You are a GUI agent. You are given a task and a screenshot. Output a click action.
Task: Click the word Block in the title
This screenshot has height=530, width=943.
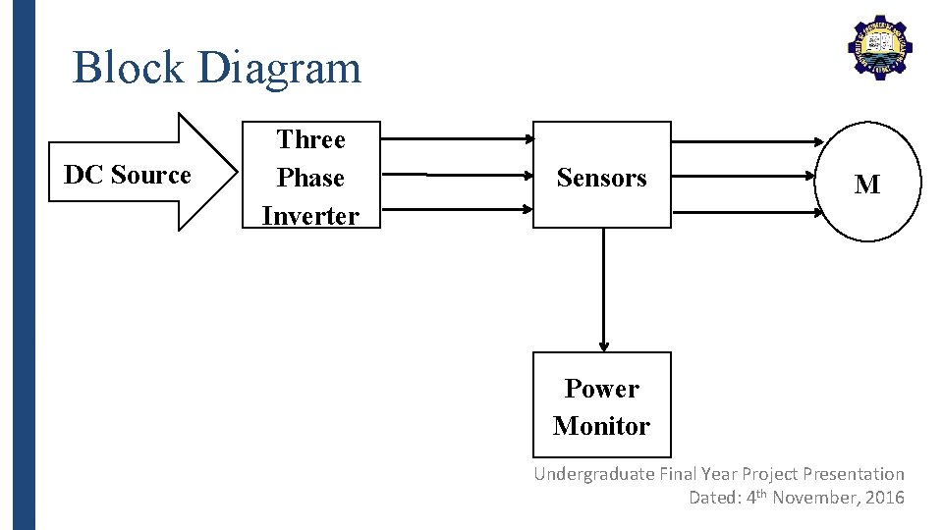tap(129, 68)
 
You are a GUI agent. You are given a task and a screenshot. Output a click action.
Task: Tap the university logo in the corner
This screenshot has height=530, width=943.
tap(879, 47)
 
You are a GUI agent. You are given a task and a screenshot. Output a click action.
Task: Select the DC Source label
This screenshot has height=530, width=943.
tap(127, 176)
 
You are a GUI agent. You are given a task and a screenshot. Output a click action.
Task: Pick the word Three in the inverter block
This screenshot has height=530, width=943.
tap(310, 139)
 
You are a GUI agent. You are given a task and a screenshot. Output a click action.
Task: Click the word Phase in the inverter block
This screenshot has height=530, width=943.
tap(310, 178)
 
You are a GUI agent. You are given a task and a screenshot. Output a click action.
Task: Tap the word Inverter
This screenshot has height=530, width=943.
tap(310, 216)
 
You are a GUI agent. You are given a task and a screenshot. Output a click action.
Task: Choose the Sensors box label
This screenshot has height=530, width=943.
tap(601, 178)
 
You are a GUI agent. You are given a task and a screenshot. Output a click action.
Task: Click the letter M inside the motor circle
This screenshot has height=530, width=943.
tap(866, 185)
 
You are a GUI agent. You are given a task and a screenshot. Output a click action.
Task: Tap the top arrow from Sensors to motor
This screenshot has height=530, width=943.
tap(747, 142)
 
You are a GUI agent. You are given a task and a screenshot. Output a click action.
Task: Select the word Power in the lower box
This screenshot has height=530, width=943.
tap(601, 389)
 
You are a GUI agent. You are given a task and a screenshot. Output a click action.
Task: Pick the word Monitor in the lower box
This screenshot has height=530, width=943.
tap(601, 426)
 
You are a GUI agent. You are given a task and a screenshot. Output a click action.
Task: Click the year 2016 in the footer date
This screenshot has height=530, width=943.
tap(884, 498)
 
